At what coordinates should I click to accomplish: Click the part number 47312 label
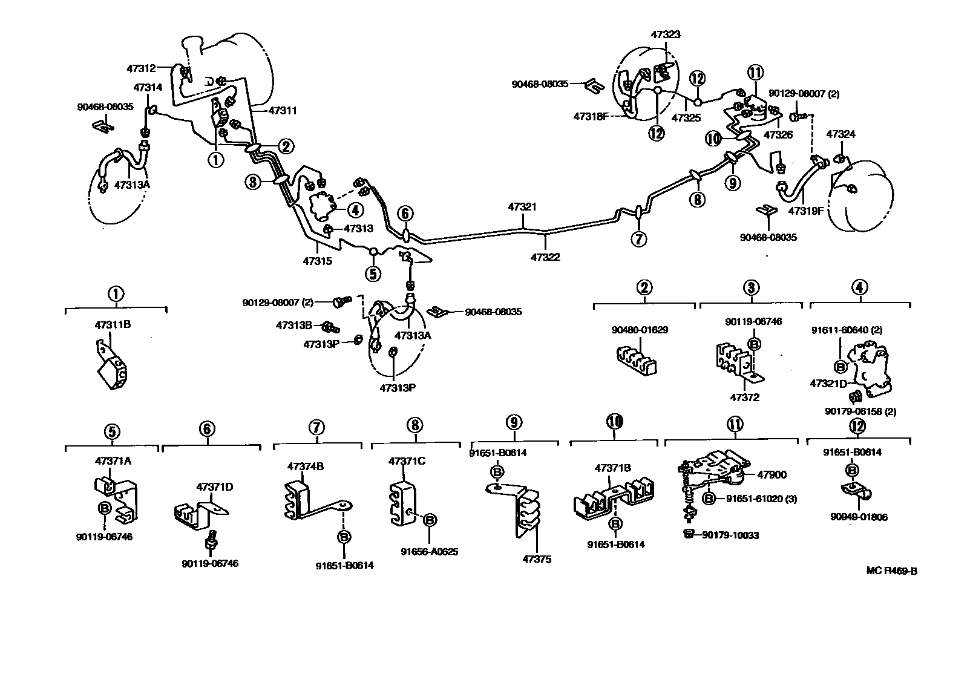(x=140, y=69)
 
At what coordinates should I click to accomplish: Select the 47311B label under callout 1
(x=113, y=325)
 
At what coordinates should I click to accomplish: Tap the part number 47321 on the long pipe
(x=522, y=207)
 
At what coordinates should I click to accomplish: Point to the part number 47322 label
(x=545, y=257)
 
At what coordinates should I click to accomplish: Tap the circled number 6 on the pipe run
(x=405, y=213)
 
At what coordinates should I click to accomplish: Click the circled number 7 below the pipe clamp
(x=638, y=239)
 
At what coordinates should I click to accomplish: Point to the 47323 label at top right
(x=666, y=34)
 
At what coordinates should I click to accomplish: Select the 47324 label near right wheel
(x=841, y=134)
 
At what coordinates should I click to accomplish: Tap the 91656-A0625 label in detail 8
(x=430, y=551)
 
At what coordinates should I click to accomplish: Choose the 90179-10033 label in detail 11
(x=730, y=535)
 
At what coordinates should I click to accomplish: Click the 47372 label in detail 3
(x=745, y=398)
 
